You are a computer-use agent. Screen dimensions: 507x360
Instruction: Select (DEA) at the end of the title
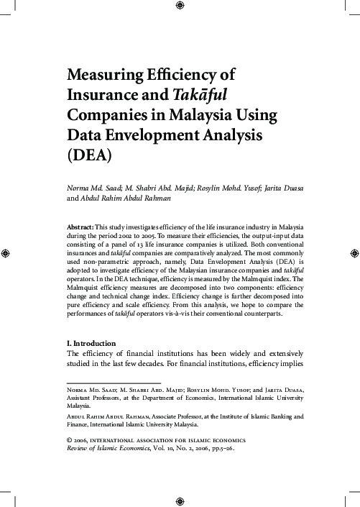89,155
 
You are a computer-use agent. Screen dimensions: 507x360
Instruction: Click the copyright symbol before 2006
69,439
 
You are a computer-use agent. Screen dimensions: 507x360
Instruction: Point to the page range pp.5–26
218,447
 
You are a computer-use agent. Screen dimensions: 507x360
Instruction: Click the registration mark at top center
180,7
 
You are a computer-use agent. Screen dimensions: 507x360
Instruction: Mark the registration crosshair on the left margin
6,253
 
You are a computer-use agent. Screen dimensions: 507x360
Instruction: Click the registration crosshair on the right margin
353,253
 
